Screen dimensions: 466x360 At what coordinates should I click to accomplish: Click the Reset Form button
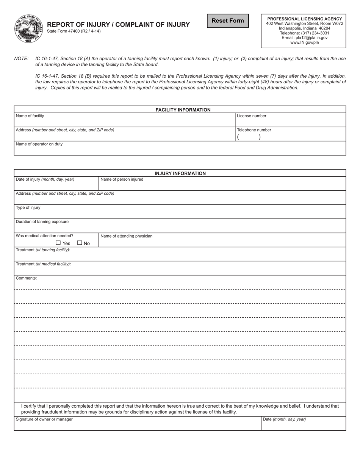[x=228, y=21]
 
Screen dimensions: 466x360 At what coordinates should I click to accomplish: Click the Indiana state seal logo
[x=29, y=29]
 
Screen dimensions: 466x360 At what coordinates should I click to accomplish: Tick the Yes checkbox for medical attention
[x=58, y=243]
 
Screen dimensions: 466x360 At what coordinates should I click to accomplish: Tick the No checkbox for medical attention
[x=80, y=243]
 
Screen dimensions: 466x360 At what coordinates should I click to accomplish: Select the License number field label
[x=252, y=116]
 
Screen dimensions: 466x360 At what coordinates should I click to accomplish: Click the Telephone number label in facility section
[x=254, y=130]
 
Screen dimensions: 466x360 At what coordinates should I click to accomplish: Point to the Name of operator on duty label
[x=39, y=144]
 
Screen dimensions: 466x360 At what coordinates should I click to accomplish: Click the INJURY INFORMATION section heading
[x=180, y=174]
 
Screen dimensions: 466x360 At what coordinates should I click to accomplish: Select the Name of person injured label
[x=122, y=179]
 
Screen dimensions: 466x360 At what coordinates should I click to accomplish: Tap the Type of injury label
[x=28, y=208]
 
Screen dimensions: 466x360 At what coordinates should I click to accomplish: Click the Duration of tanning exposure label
[x=42, y=222]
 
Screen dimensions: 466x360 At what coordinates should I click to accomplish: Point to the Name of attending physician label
[x=126, y=236]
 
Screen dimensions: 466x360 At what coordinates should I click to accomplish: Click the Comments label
[x=26, y=278]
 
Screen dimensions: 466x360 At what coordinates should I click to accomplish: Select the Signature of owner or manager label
[x=44, y=419]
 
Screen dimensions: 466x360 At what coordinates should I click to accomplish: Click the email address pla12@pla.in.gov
[x=304, y=38]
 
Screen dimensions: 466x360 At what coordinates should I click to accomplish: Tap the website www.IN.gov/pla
[x=304, y=43]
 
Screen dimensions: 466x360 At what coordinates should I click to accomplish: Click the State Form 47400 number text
[x=74, y=31]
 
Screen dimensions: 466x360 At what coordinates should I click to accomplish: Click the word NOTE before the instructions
[x=21, y=59]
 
